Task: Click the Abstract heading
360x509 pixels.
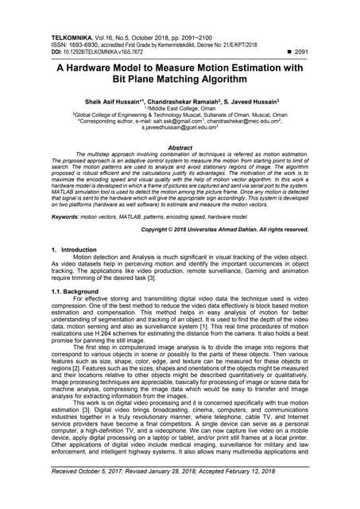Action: (x=180, y=147)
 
